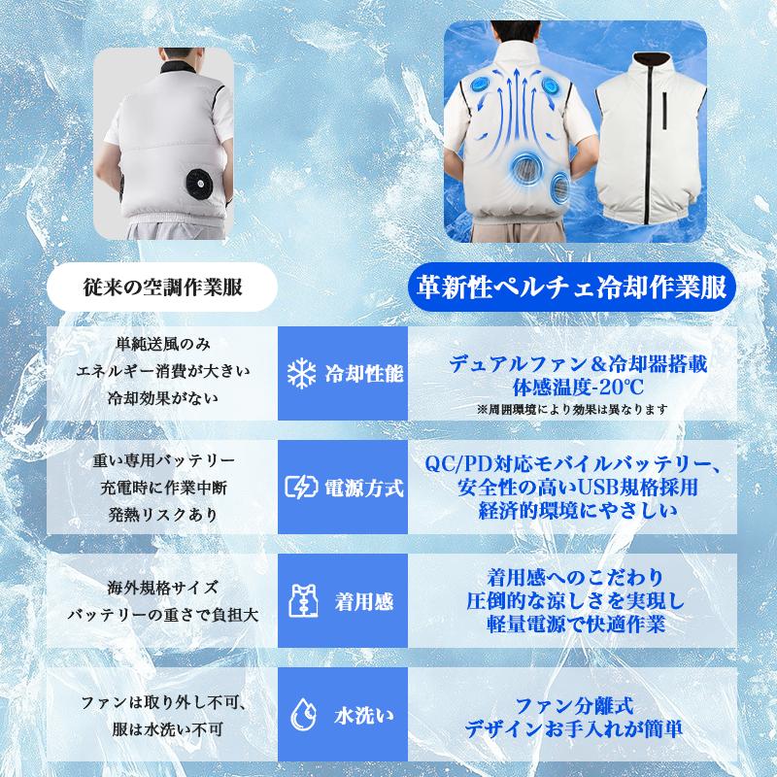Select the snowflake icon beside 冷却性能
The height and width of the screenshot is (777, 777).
[299, 373]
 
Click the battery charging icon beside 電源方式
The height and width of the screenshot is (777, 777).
[299, 488]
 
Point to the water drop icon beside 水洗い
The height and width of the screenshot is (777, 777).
[299, 718]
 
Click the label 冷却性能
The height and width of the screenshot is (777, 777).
[363, 373]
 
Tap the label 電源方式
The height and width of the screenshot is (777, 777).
[363, 488]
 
